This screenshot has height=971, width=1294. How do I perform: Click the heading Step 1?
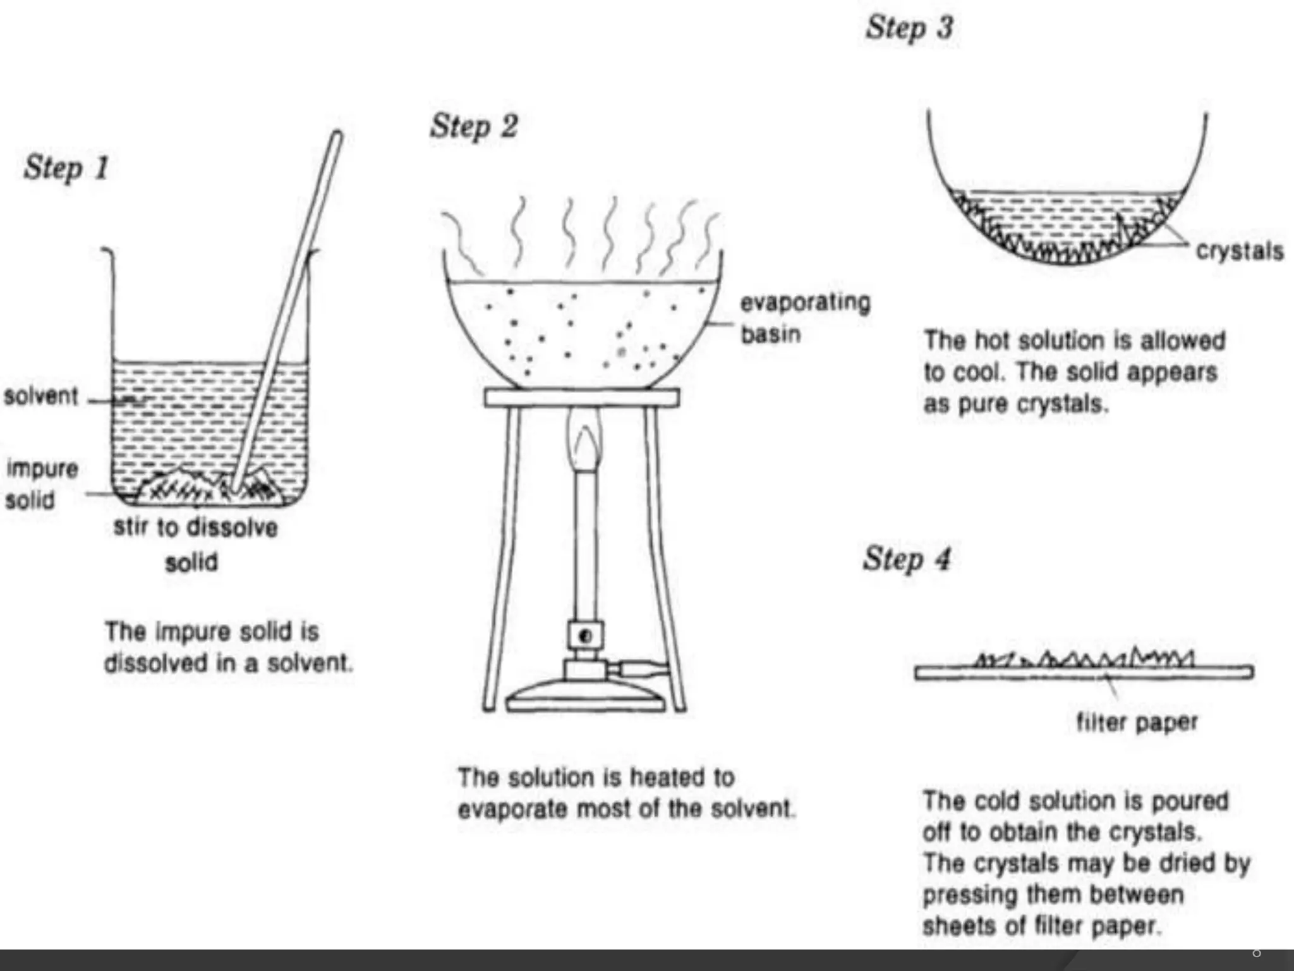point(66,168)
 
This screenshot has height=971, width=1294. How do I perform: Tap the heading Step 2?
point(474,126)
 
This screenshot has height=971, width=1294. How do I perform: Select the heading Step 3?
point(909,28)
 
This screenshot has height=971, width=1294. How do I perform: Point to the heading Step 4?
point(907,559)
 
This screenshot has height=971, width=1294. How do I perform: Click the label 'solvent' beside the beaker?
point(40,396)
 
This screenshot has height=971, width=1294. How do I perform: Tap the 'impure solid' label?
point(40,484)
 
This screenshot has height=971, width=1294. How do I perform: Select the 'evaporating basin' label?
point(804,318)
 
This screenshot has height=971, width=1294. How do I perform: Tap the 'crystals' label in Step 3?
point(1239,252)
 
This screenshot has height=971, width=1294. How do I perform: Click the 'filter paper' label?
point(1137,722)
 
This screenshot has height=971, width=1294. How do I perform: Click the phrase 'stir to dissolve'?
point(195,527)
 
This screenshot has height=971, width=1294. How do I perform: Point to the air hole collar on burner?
point(585,636)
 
